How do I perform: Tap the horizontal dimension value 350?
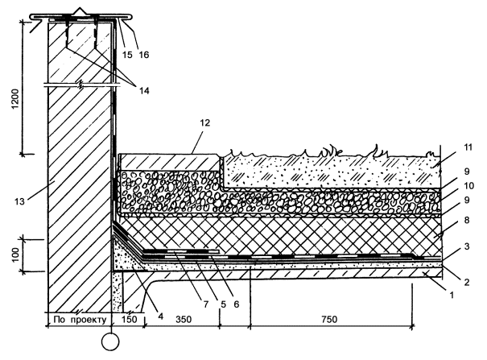click(181, 319)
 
